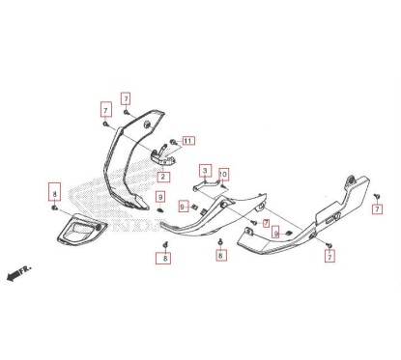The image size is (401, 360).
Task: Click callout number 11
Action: (x=187, y=141)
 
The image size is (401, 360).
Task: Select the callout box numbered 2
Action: (x=163, y=177)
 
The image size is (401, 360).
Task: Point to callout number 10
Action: (x=223, y=175)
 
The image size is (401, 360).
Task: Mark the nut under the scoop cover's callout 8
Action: (x=54, y=208)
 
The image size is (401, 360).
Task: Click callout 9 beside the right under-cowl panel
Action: (x=276, y=234)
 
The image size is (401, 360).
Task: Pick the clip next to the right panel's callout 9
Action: (x=288, y=232)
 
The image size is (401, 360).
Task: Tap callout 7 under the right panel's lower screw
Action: (x=330, y=259)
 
